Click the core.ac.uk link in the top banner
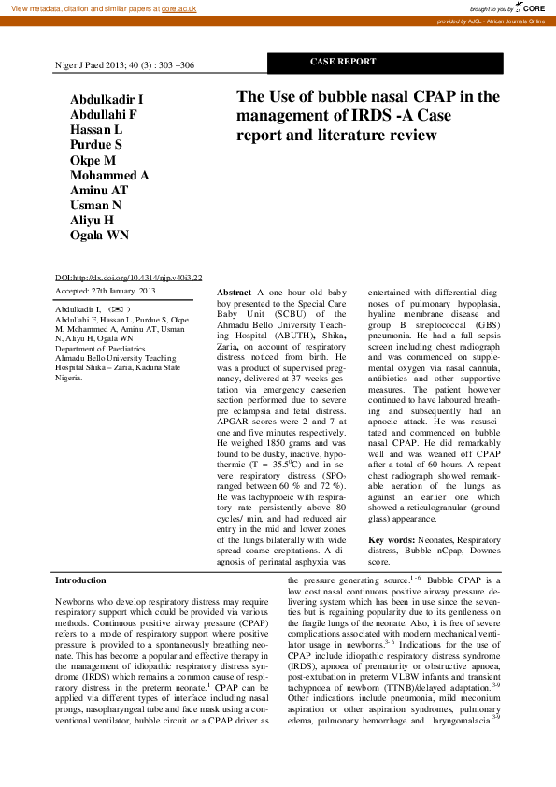(180, 7)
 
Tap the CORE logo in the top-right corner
(531, 7)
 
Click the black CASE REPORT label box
(343, 62)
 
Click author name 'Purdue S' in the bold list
(96, 145)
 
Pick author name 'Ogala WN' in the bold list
(99, 235)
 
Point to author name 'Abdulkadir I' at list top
(107, 100)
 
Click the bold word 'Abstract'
(234, 293)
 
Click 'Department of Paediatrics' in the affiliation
(103, 348)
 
